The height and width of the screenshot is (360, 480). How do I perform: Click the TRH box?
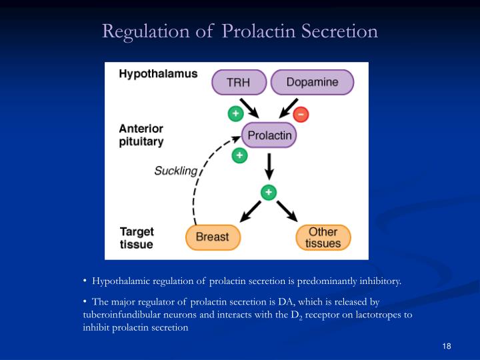pyautogui.click(x=239, y=83)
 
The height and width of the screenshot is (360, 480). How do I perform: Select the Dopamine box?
pyautogui.click(x=312, y=83)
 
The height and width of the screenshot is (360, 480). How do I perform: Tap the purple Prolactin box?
pyautogui.click(x=269, y=136)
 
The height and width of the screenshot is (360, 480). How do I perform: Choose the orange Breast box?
pyautogui.click(x=212, y=237)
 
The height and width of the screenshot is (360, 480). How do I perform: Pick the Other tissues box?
pyautogui.click(x=323, y=237)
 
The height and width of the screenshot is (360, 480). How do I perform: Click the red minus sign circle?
pyautogui.click(x=301, y=115)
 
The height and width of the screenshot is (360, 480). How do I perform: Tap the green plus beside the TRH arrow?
pyautogui.click(x=235, y=113)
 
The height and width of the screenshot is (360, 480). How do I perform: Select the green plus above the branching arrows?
pyautogui.click(x=269, y=192)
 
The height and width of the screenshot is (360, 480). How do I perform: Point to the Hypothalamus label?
pyautogui.click(x=158, y=74)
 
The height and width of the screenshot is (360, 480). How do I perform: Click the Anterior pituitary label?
pyautogui.click(x=141, y=135)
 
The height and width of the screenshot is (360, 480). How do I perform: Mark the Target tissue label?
pyautogui.click(x=137, y=238)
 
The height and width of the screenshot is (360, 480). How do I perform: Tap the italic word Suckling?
pyautogui.click(x=176, y=171)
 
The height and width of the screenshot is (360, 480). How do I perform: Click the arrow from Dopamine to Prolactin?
pyautogui.click(x=288, y=108)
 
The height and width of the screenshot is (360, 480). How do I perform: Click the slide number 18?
pyautogui.click(x=447, y=345)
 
